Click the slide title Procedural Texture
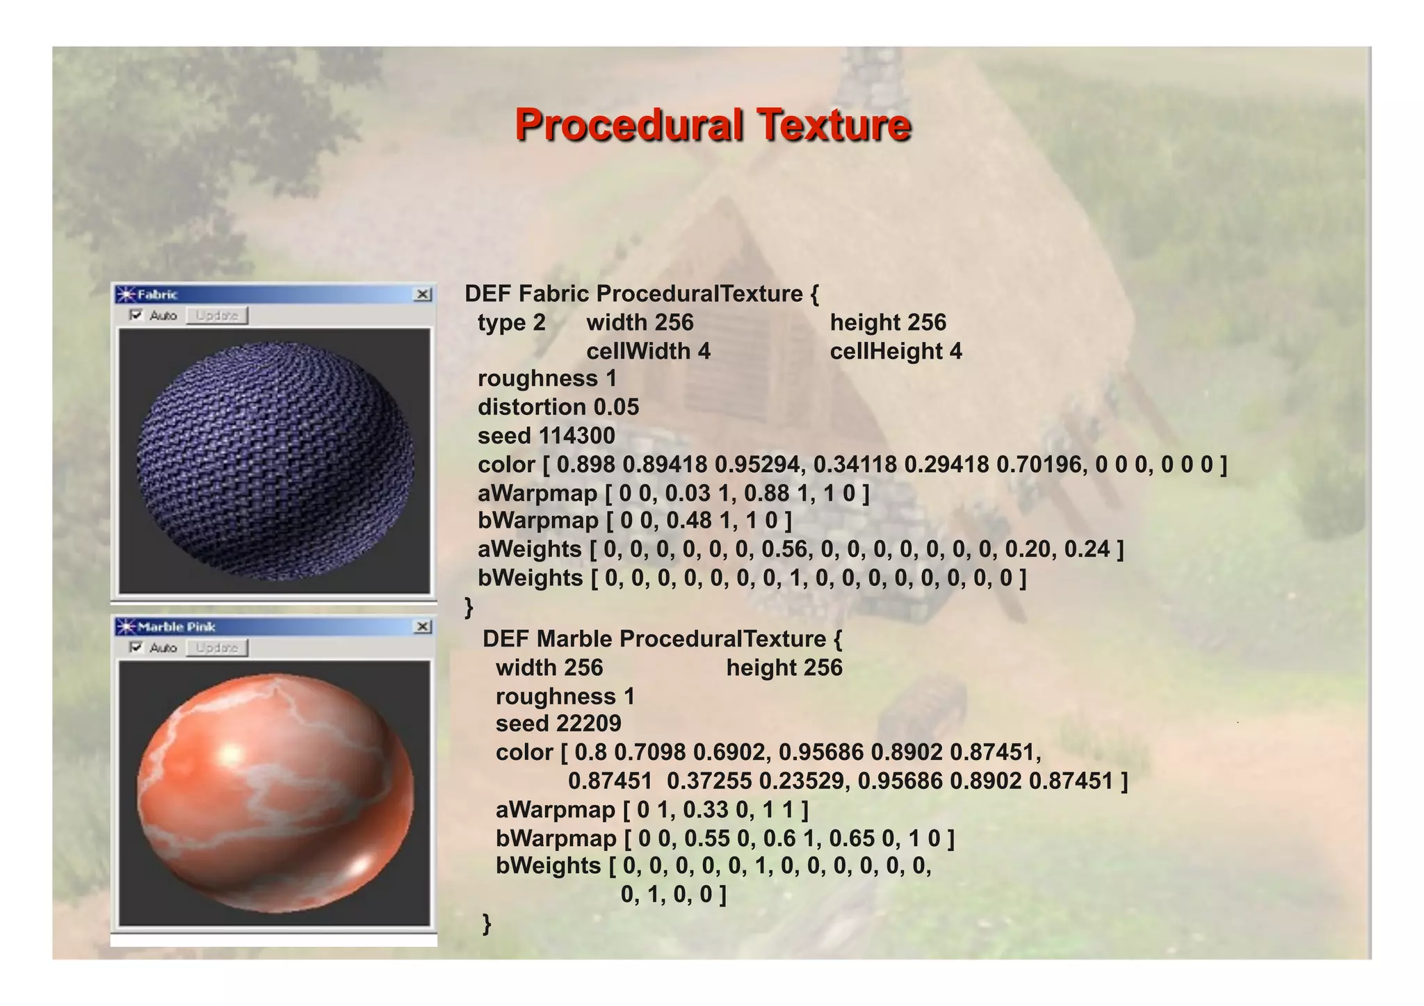coord(713,125)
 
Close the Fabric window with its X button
coord(423,295)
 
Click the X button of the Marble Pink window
coord(423,627)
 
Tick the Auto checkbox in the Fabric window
coord(136,316)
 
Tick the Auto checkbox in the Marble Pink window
coord(136,648)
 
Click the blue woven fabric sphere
coord(275,460)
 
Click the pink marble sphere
coord(275,793)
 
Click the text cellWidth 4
coord(648,351)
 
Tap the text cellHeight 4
coord(896,351)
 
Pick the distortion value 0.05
coord(616,407)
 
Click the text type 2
coord(511,323)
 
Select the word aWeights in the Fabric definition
coord(529,549)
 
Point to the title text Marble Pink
coord(177,627)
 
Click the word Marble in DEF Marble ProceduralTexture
coord(574,639)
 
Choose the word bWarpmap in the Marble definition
coord(556,838)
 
